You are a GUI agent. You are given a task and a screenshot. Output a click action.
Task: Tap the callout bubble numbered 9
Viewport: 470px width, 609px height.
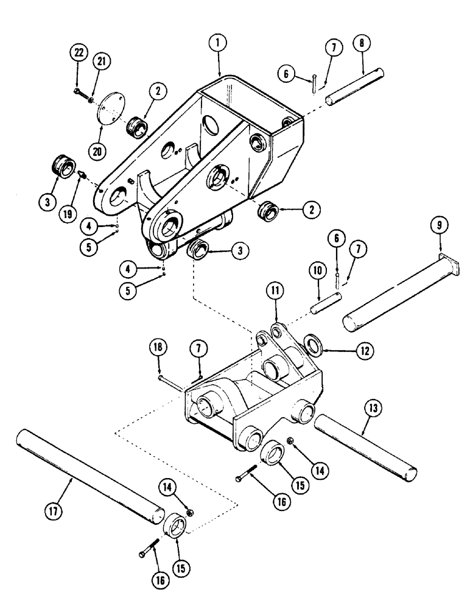[439, 225]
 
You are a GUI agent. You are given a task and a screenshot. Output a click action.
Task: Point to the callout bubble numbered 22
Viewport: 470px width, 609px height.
[77, 54]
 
